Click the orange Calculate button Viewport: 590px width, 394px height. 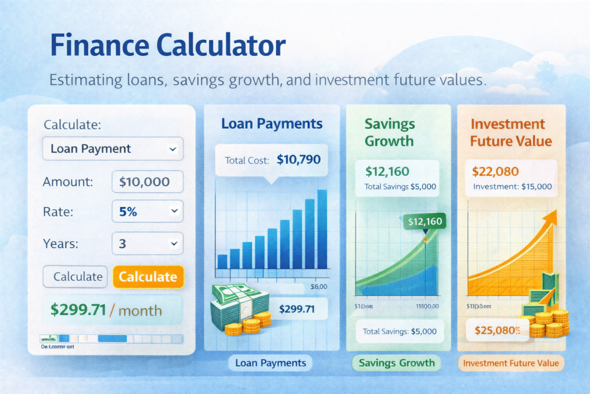click(x=148, y=277)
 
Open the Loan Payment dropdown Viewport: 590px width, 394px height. click(x=113, y=149)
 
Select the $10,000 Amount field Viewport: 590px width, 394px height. click(x=147, y=182)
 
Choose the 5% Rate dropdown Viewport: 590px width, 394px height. click(x=147, y=212)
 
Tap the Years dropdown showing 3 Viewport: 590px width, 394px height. click(x=147, y=243)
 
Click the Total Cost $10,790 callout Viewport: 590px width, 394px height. click(x=271, y=160)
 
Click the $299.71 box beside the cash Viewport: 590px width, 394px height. click(x=297, y=309)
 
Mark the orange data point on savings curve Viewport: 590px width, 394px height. click(x=425, y=238)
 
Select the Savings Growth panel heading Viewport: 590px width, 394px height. click(x=389, y=132)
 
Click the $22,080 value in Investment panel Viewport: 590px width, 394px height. click(x=495, y=171)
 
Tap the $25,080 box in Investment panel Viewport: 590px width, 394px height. click(x=498, y=331)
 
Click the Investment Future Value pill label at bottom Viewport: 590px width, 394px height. click(x=510, y=363)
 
